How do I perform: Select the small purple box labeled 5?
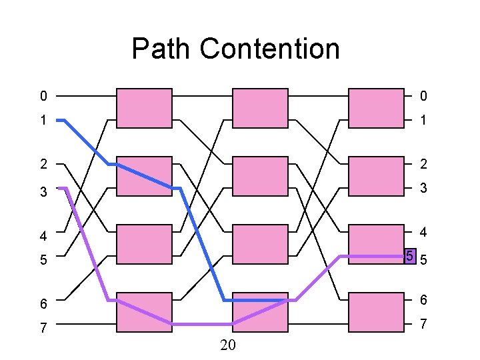(410, 256)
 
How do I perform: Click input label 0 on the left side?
(43, 97)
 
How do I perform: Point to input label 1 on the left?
(43, 121)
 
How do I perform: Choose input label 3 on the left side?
(43, 192)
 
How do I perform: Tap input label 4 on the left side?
(43, 236)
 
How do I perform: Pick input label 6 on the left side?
(43, 304)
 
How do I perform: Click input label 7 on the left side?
(43, 327)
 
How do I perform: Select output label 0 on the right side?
(423, 97)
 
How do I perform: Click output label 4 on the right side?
(423, 233)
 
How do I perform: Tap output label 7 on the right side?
(423, 325)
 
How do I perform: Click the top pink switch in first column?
(145, 107)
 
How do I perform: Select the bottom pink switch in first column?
(145, 312)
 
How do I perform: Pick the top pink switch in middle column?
(260, 107)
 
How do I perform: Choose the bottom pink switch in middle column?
(260, 312)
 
